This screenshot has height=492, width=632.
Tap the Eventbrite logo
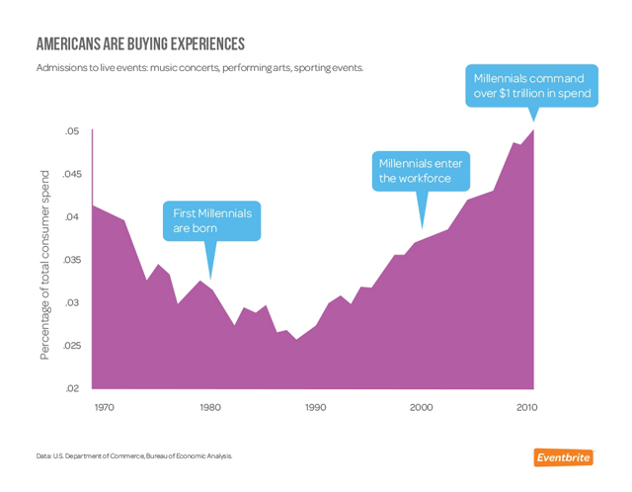(x=564, y=456)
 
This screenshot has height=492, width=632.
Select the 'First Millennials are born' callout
(x=212, y=220)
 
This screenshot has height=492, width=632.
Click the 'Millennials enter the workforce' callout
(x=422, y=170)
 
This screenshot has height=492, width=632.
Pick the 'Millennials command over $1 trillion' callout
(x=532, y=86)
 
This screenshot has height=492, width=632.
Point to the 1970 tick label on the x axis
(x=104, y=407)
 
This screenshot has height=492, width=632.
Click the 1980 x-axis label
(x=210, y=407)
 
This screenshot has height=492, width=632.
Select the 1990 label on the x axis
(x=316, y=407)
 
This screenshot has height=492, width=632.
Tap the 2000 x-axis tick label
(x=423, y=407)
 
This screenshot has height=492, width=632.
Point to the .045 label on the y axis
(x=71, y=175)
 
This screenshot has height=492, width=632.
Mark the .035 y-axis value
(x=71, y=261)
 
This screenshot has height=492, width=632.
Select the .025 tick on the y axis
(x=71, y=346)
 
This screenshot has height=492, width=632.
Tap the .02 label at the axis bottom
(x=74, y=388)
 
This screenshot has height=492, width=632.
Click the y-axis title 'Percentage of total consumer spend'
(x=44, y=264)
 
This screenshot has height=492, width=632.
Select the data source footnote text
(x=133, y=456)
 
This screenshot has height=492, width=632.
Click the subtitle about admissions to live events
(x=199, y=68)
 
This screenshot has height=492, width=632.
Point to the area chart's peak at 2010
(x=534, y=130)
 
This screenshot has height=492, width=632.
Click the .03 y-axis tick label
(x=74, y=303)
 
